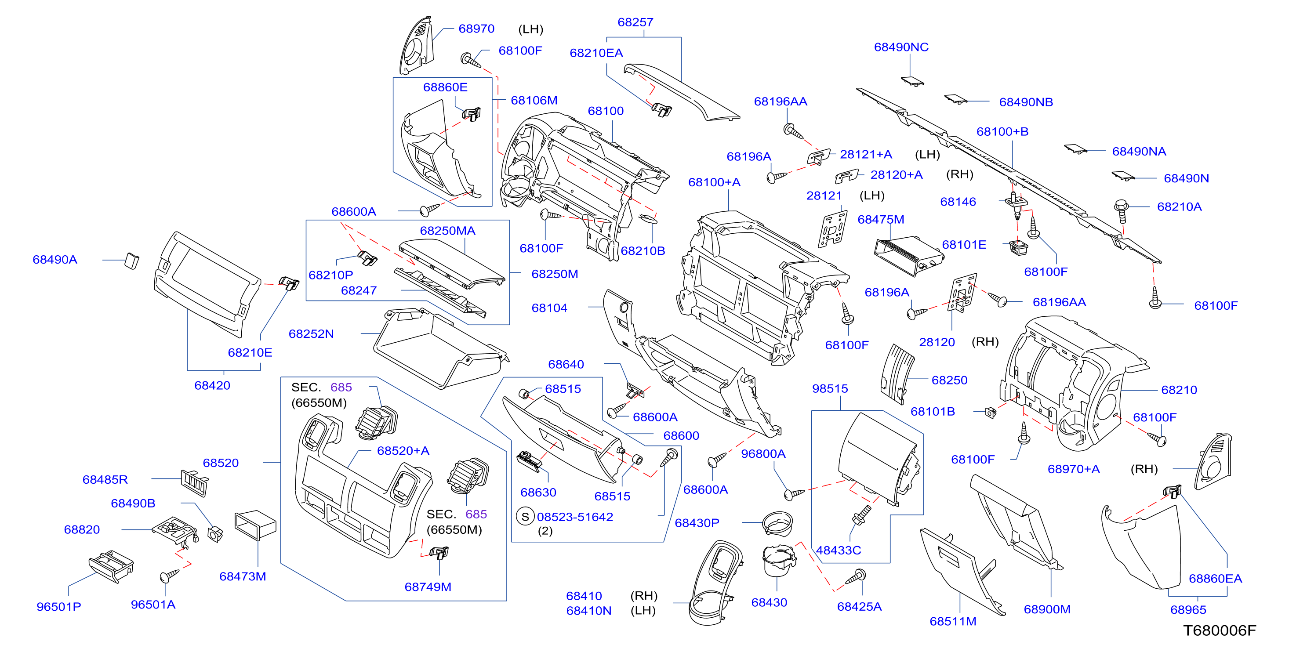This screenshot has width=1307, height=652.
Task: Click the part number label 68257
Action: click(635, 22)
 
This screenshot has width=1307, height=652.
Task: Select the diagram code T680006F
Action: click(1219, 630)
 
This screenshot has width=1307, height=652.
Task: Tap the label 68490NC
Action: click(901, 47)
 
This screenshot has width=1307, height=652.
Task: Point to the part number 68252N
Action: click(311, 334)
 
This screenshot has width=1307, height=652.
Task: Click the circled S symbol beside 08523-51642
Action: click(525, 517)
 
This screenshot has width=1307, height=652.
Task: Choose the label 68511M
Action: click(953, 622)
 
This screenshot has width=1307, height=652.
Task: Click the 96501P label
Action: click(59, 607)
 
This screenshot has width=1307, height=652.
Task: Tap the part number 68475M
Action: click(881, 220)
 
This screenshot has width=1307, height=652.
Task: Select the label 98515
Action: click(830, 389)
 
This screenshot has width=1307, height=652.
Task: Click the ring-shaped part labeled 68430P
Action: click(777, 523)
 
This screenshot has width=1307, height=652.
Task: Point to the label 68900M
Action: click(1047, 609)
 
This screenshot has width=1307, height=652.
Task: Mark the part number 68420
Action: click(212, 386)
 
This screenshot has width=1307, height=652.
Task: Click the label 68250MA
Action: click(447, 231)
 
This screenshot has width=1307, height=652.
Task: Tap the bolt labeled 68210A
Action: click(1121, 211)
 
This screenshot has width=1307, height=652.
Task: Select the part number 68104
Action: click(549, 308)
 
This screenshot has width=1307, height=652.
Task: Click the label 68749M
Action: click(428, 587)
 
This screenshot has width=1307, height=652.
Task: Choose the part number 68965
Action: click(1188, 610)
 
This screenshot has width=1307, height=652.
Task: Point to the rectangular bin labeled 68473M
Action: click(255, 525)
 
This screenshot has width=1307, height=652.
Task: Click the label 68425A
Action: click(860, 607)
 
